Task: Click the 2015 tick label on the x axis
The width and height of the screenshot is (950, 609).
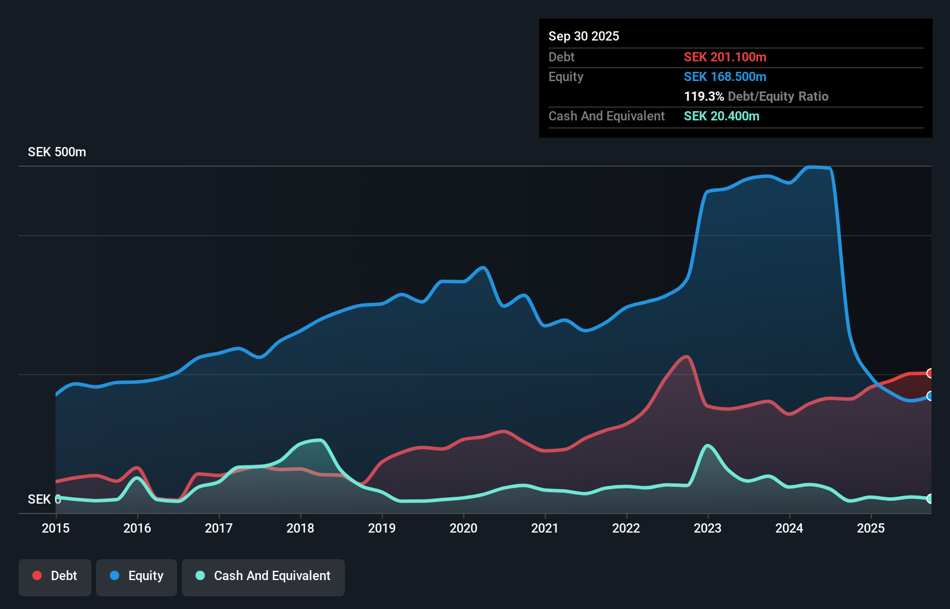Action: coord(56,528)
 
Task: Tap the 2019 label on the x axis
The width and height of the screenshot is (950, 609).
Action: coord(382,528)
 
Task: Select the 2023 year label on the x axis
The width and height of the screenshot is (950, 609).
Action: coord(708,528)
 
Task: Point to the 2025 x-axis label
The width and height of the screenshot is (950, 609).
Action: coord(871,528)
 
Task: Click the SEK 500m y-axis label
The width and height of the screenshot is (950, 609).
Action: coord(57,152)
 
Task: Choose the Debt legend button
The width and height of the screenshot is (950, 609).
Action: coord(55,576)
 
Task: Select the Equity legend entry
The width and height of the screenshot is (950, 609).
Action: coord(137,576)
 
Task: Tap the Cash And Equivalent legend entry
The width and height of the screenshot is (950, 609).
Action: coord(263,576)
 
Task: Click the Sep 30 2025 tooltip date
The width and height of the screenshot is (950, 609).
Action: coord(584,36)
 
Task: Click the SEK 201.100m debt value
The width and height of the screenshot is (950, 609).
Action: coord(725,57)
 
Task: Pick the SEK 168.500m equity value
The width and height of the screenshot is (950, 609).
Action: coord(725,76)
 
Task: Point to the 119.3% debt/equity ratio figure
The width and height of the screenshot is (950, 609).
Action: coord(704,96)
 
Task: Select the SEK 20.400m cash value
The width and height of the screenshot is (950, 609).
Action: coord(721,116)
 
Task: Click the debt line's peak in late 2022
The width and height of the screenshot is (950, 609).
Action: coord(686,357)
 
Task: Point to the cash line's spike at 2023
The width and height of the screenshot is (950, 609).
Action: coord(708,446)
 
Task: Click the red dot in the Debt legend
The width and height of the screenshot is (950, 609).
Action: coord(37,575)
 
